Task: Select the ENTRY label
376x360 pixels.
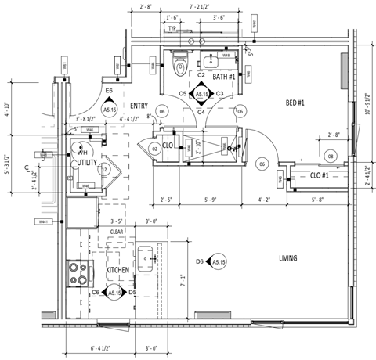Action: (139, 106)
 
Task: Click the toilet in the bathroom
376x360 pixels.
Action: (181, 65)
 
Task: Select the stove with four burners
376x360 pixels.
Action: (78, 272)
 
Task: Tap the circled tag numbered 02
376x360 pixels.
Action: (154, 147)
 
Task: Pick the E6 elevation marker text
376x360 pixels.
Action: (110, 92)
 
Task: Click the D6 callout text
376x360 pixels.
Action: (200, 261)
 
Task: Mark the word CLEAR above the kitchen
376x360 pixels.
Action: (117, 232)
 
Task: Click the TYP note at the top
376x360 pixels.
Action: (172, 27)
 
